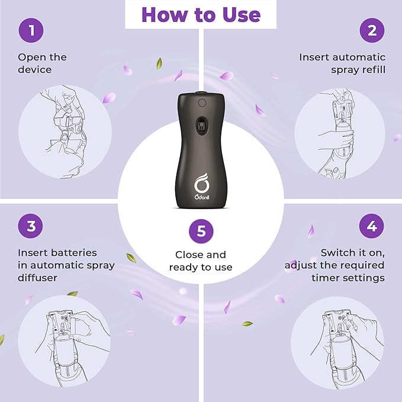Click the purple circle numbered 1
[31, 30]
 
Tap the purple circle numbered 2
[372, 30]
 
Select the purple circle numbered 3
[31, 226]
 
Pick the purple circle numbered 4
[371, 226]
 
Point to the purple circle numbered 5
[201, 231]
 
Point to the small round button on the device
[202, 103]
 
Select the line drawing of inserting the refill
[336, 133]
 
